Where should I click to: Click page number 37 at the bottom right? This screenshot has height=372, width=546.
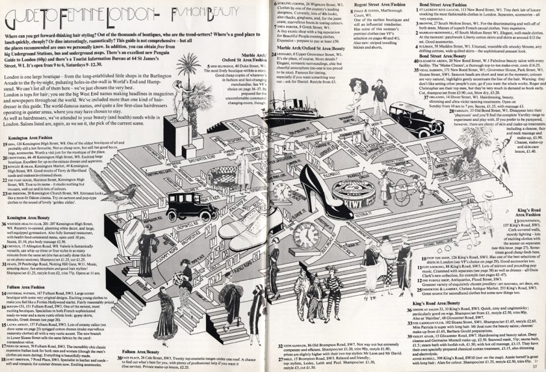point(536,364)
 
